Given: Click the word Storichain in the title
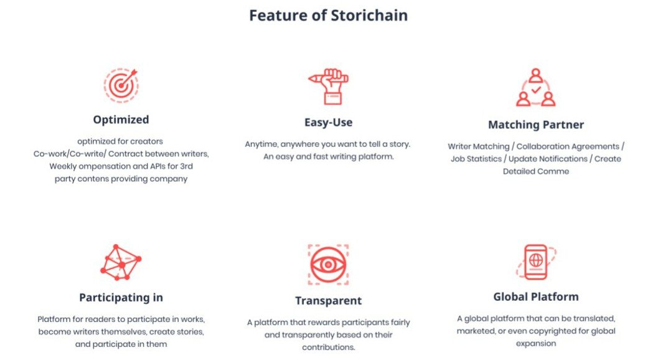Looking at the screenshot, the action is (x=369, y=16).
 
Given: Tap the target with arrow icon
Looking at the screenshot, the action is (x=121, y=85).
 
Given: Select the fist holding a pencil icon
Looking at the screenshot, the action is (x=328, y=87).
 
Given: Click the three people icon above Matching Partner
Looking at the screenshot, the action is (x=535, y=87).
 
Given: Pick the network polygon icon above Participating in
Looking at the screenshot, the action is (x=121, y=262).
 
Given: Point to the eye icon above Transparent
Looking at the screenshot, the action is (x=328, y=265).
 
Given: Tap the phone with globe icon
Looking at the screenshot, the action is (x=536, y=262).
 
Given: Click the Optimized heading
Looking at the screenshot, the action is (x=121, y=120).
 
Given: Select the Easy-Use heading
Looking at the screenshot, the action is (x=328, y=122).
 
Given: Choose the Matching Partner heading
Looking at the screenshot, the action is (x=536, y=125).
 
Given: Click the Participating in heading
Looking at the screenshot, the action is (x=121, y=297).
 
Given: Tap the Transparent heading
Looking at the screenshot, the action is (x=328, y=301).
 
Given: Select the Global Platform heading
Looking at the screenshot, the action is (x=536, y=296).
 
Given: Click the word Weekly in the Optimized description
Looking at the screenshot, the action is (x=63, y=166).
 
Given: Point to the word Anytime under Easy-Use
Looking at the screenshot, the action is (x=261, y=144).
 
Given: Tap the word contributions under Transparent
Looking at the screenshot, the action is (x=328, y=347).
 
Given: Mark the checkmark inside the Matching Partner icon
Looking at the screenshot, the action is (x=536, y=89).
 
